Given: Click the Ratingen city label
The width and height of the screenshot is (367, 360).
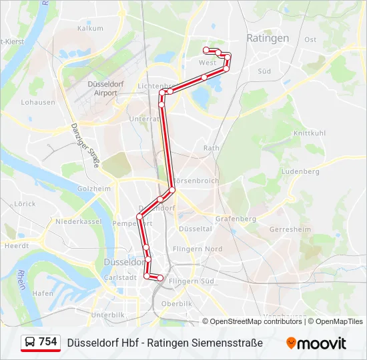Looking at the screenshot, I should pyautogui.click(x=268, y=38).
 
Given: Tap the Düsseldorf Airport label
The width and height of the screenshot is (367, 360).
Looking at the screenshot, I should pyautogui.click(x=102, y=89).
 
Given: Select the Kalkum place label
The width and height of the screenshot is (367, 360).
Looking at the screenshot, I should pyautogui.click(x=90, y=28).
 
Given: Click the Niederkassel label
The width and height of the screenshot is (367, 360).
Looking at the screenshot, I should pyautogui.click(x=77, y=221).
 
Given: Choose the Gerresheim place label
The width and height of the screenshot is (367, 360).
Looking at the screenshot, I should pyautogui.click(x=290, y=229).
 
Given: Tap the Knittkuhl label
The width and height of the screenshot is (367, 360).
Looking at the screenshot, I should pyautogui.click(x=310, y=133).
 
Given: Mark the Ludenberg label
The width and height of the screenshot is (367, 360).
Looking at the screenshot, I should pyautogui.click(x=301, y=171).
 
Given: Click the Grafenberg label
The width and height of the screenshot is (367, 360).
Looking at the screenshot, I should pyautogui.click(x=236, y=219).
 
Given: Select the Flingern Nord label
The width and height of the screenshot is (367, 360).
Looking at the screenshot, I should pyautogui.click(x=197, y=249).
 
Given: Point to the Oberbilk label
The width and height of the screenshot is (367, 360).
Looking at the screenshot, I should pyautogui.click(x=177, y=303).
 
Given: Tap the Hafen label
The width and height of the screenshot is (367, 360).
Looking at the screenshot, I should pyautogui.click(x=43, y=293).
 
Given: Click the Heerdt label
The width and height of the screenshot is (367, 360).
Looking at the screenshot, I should pyautogui.click(x=16, y=245).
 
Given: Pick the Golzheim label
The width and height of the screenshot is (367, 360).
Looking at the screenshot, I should pyautogui.click(x=93, y=189).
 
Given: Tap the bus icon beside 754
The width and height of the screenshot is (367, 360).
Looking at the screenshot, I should pyautogui.click(x=30, y=342).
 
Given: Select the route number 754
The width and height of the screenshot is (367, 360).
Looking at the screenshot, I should pyautogui.click(x=48, y=342).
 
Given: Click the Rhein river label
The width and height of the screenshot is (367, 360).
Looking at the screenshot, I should pyautogui.click(x=21, y=280).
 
